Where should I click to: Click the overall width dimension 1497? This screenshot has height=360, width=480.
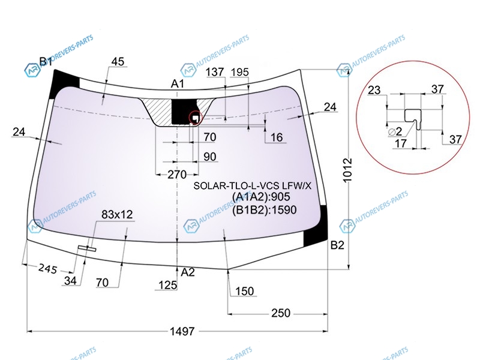(x=182, y=331)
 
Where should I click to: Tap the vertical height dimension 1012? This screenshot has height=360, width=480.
(x=347, y=170)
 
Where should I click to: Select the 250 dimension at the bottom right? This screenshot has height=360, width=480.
(x=281, y=313)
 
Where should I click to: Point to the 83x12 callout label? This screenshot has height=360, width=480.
(x=117, y=214)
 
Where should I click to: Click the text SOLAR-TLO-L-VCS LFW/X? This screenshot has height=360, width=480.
(x=252, y=185)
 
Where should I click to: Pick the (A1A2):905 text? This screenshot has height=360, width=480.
(x=261, y=197)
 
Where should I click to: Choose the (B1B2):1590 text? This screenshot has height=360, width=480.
(x=264, y=209)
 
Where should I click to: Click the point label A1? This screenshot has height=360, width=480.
(x=177, y=83)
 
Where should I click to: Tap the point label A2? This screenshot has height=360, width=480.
(x=188, y=272)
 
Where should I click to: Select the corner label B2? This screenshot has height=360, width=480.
(x=337, y=245)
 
